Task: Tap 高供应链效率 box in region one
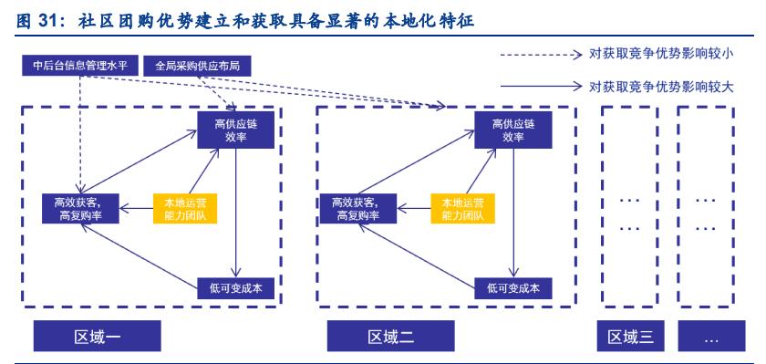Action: [x=235, y=130]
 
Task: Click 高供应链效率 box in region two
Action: [x=513, y=130]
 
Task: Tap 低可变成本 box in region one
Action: [x=235, y=288]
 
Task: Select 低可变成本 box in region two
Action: [x=513, y=288]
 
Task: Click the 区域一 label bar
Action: [x=98, y=337]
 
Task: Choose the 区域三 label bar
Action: [x=630, y=337]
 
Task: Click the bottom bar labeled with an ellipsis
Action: [x=710, y=337]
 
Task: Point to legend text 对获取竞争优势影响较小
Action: [x=662, y=55]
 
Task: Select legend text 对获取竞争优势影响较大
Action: [x=662, y=87]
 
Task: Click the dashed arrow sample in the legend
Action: [x=538, y=55]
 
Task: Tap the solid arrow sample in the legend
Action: [x=538, y=87]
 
